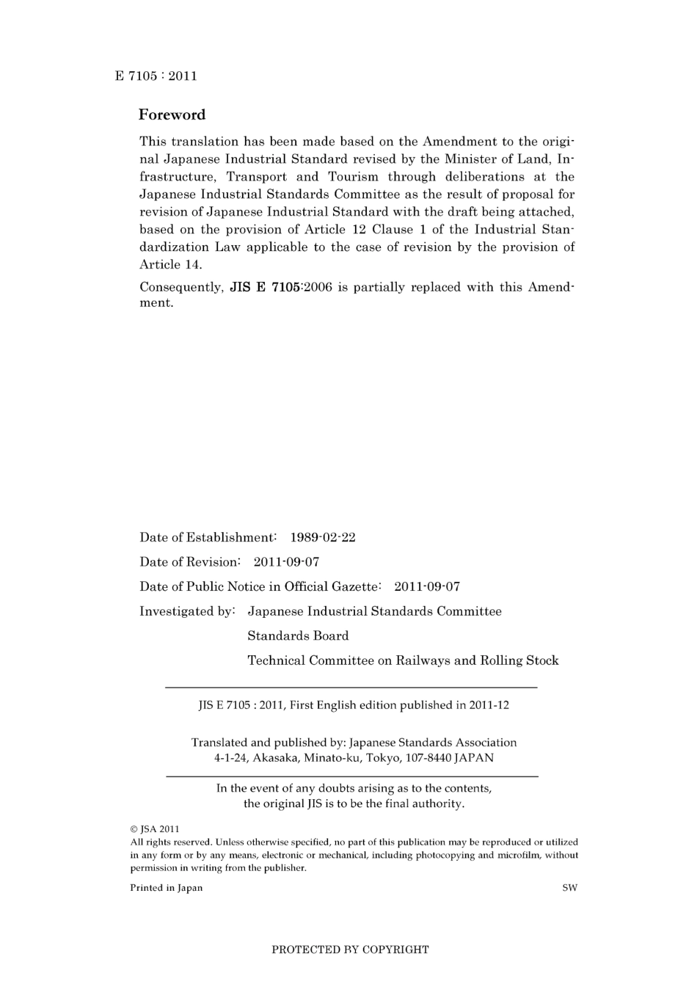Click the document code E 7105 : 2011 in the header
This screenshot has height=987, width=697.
pos(156,76)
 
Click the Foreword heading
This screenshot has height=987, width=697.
pos(172,114)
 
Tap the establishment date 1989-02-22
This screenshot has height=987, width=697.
pos(323,537)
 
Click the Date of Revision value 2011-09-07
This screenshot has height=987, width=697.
pos(286,562)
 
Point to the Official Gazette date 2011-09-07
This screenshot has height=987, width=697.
pos(427,586)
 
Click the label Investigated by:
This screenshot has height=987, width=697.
pos(187,611)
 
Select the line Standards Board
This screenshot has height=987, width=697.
pos(298,636)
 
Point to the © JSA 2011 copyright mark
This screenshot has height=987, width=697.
pos(154,829)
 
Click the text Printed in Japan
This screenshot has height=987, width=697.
pos(167,888)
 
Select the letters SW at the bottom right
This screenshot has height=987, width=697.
pos(569,888)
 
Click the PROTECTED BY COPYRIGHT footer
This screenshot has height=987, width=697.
pos(350,950)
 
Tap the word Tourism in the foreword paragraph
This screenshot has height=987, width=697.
pos(353,177)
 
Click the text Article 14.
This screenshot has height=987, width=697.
pos(170,265)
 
